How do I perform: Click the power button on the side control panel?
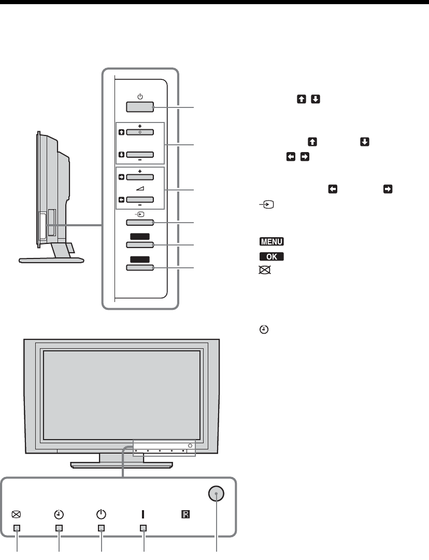[140, 107]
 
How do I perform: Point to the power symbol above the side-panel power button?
[140, 96]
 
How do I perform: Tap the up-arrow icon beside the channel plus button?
[121, 132]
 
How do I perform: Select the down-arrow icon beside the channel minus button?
[121, 154]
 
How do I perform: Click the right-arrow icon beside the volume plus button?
[121, 176]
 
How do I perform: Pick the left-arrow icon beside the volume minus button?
[121, 199]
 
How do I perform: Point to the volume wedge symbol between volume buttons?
[140, 188]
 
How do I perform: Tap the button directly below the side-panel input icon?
[140, 223]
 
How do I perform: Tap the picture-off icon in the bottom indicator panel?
[17, 514]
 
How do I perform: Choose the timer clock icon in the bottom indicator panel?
[59, 514]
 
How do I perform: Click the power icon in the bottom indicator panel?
[101, 514]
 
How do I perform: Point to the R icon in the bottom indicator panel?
[185, 514]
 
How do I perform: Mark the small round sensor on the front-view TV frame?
[191, 446]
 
